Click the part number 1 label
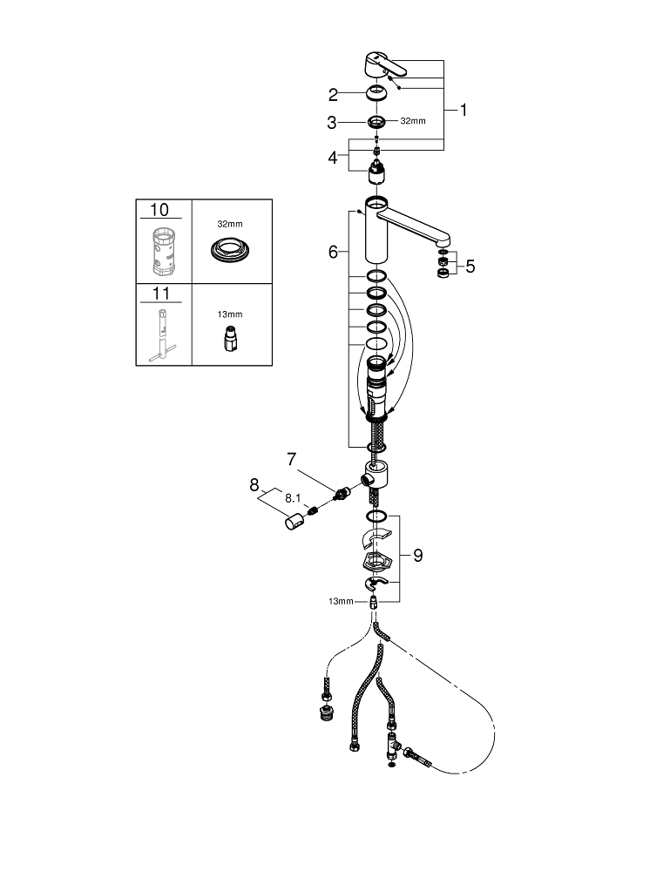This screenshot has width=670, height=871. [463, 111]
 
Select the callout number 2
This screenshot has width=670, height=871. [333, 95]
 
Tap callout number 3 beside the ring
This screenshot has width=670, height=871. [332, 123]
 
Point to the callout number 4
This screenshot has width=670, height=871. [332, 158]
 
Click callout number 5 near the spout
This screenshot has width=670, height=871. [470, 267]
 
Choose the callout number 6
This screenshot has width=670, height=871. [333, 252]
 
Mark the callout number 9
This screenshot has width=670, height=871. [417, 556]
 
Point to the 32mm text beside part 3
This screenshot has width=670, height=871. [412, 121]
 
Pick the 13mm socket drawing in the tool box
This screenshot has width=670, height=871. [230, 337]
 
